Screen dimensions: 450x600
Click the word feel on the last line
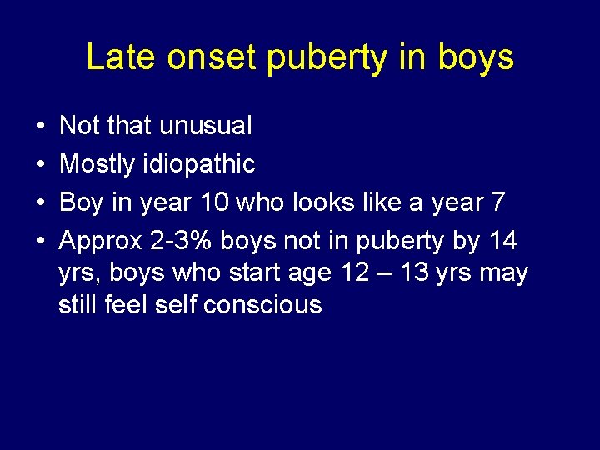click(x=127, y=304)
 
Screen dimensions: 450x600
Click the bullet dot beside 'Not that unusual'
click(x=42, y=127)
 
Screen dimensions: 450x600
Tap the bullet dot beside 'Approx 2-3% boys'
click(x=42, y=242)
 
